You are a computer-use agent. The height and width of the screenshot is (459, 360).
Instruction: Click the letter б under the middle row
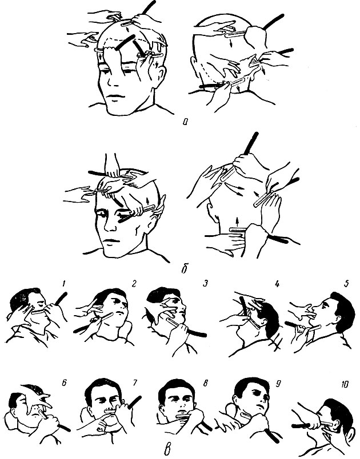click(x=184, y=268)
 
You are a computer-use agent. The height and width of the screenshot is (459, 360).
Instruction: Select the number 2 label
click(x=134, y=283)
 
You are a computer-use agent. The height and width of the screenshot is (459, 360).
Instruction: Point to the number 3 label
click(x=206, y=283)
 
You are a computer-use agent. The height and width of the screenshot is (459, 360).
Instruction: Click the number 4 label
click(x=277, y=283)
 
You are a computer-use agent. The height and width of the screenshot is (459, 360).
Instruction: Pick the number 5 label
click(x=346, y=283)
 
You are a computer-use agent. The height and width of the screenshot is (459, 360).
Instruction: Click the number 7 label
click(x=135, y=382)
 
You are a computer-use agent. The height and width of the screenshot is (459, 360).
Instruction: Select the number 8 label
click(x=206, y=382)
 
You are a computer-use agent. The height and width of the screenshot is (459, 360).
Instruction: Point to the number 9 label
click(x=277, y=382)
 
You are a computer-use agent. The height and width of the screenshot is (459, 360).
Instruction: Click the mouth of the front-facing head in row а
click(x=114, y=97)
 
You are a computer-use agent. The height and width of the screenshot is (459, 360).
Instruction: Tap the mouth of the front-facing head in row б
click(x=111, y=241)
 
